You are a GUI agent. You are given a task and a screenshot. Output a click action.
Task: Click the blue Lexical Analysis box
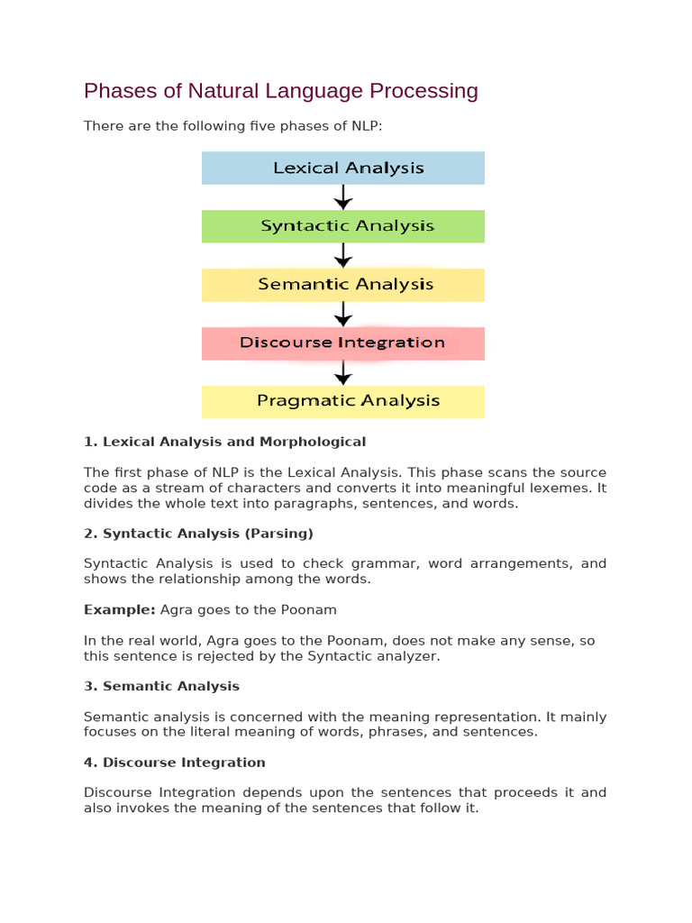pyautogui.click(x=342, y=168)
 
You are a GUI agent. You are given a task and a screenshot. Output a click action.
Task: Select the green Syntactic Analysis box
pyautogui.click(x=342, y=226)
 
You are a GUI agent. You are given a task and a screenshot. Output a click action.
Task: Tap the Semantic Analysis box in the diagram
pyautogui.click(x=342, y=285)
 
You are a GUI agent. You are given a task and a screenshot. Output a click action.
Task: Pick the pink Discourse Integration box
pyautogui.click(x=342, y=343)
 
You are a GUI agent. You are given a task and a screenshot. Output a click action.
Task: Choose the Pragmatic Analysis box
pyautogui.click(x=342, y=401)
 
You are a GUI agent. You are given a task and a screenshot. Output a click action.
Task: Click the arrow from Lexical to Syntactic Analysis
pyautogui.click(x=342, y=197)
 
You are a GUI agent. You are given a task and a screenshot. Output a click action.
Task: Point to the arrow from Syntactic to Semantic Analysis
pyautogui.click(x=342, y=256)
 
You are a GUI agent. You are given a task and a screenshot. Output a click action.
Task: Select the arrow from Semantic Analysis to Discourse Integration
pyautogui.click(x=342, y=315)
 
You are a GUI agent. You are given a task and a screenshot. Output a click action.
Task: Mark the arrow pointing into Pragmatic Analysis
pyautogui.click(x=342, y=372)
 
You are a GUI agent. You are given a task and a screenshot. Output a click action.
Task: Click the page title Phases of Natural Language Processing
pyautogui.click(x=280, y=91)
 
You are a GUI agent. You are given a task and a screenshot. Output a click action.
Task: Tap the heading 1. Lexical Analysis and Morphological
pyautogui.click(x=224, y=442)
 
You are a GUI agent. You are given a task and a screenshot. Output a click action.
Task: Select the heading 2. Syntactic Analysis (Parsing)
pyautogui.click(x=198, y=534)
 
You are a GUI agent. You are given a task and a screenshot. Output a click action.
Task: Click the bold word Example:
pyautogui.click(x=120, y=610)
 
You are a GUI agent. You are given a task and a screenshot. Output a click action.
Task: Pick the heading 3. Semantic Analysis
pyautogui.click(x=161, y=687)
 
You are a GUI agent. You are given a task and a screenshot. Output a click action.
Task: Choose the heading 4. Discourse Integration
pyautogui.click(x=174, y=763)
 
